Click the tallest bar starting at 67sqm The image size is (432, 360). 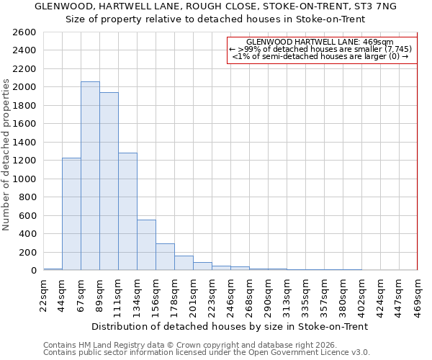pyautogui.click(x=90, y=176)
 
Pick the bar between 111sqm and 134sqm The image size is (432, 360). pyautogui.click(x=127, y=212)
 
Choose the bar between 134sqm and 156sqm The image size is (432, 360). pyautogui.click(x=146, y=245)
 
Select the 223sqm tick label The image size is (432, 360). pyautogui.click(x=212, y=296)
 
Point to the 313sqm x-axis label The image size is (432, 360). pyautogui.click(x=287, y=296)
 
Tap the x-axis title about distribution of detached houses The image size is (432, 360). pyautogui.click(x=230, y=326)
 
